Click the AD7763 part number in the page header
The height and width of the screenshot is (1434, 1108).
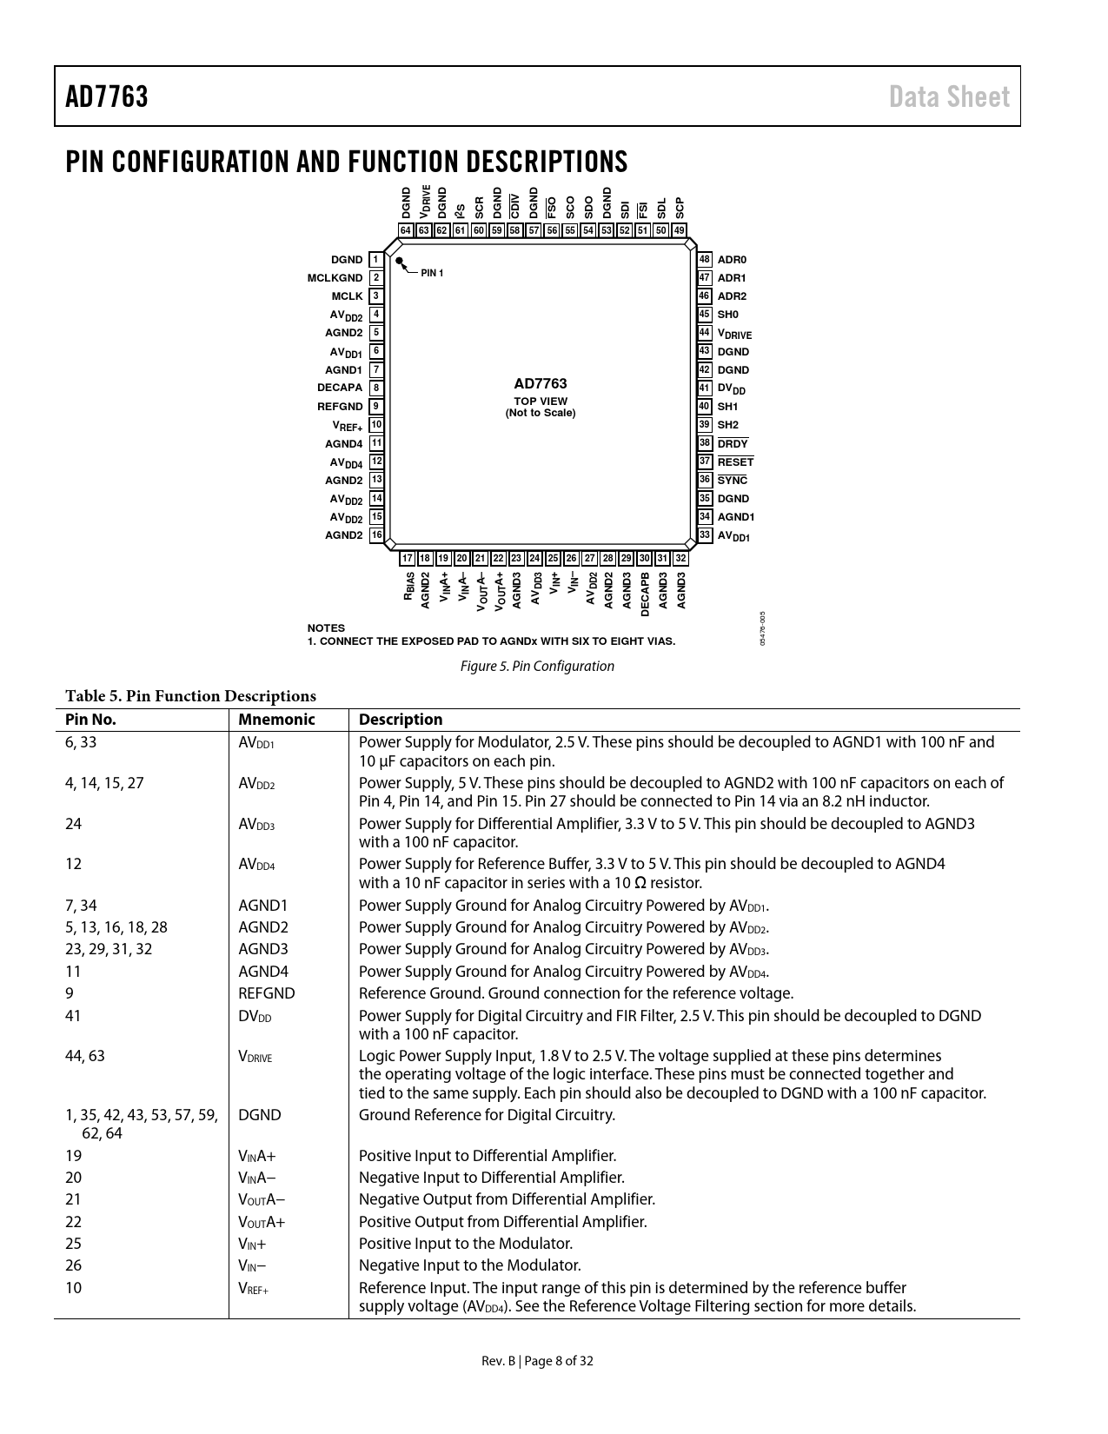click(107, 96)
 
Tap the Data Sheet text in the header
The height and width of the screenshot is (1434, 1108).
click(949, 96)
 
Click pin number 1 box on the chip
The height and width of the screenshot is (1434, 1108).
click(375, 259)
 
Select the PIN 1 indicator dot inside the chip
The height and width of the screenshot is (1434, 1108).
click(399, 260)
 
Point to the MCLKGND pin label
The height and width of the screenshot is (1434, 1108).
click(335, 278)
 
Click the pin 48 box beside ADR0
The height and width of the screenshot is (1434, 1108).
click(705, 259)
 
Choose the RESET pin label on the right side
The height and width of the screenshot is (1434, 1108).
click(735, 462)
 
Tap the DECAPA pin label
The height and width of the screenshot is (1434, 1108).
click(340, 388)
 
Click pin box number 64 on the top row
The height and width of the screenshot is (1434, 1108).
click(406, 230)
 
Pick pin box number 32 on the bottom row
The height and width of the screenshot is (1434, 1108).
click(680, 558)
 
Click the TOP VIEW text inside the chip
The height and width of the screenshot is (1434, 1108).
click(541, 402)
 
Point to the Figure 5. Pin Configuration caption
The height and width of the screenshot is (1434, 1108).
click(537, 667)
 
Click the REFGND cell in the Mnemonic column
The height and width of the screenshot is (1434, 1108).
click(267, 993)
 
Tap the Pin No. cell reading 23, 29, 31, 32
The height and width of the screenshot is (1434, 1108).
click(109, 949)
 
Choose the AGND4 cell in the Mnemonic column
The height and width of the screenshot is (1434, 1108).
click(263, 972)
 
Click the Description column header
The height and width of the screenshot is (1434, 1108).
click(401, 720)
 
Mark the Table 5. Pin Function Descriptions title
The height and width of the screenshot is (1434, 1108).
click(190, 696)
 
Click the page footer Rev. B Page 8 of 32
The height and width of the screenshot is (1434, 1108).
click(538, 1361)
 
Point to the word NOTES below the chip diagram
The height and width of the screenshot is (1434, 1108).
click(326, 627)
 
